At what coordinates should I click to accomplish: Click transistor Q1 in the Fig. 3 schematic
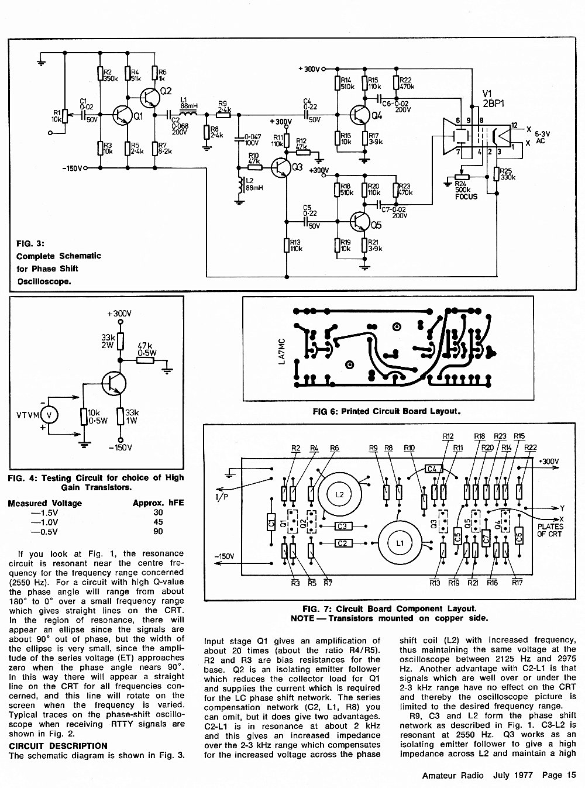click(121, 115)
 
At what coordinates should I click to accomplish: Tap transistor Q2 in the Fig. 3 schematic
click(149, 97)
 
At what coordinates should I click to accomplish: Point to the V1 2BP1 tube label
click(493, 99)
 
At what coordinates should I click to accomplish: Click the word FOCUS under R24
click(466, 197)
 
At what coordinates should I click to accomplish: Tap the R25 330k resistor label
click(508, 174)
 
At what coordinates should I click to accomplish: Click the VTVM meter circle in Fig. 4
click(49, 415)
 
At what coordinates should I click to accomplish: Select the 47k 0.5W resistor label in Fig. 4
click(147, 349)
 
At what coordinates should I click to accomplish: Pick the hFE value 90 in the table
click(158, 531)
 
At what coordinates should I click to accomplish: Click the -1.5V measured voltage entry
click(44, 512)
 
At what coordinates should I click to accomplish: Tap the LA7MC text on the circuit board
click(282, 352)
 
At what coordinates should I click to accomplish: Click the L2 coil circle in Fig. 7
click(339, 494)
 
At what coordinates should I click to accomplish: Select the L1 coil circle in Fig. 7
click(400, 543)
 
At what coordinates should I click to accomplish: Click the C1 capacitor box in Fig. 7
click(271, 522)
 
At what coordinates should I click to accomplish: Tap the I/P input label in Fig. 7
click(222, 497)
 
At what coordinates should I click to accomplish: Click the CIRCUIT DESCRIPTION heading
click(58, 745)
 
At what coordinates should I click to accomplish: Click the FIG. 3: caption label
click(30, 244)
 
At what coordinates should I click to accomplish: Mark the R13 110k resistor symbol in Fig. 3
click(287, 246)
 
